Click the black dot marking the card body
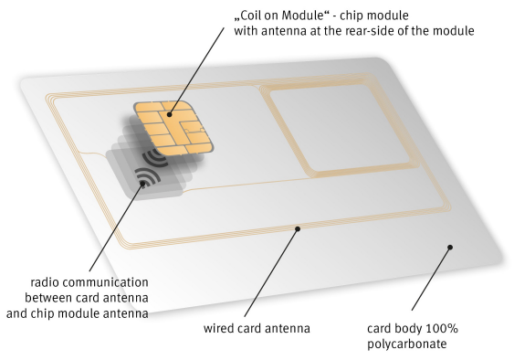[x=449, y=247]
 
